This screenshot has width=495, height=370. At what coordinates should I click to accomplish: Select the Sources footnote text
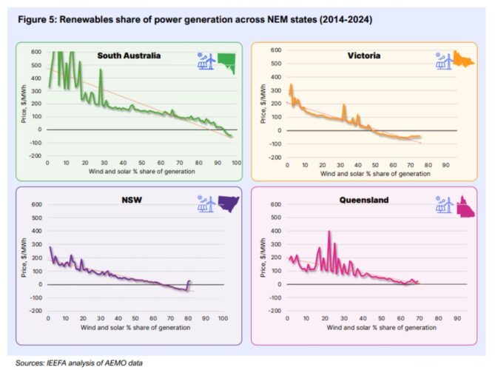point(78,362)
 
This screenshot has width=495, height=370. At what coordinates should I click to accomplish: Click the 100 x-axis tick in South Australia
point(235,162)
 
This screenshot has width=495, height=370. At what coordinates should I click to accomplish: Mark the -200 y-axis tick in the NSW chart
point(36,310)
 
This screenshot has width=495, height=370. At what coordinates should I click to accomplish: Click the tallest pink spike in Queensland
point(329,232)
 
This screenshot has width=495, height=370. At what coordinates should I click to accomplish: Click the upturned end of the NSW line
point(189,282)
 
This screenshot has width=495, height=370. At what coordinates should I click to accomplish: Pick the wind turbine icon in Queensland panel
point(444,204)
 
